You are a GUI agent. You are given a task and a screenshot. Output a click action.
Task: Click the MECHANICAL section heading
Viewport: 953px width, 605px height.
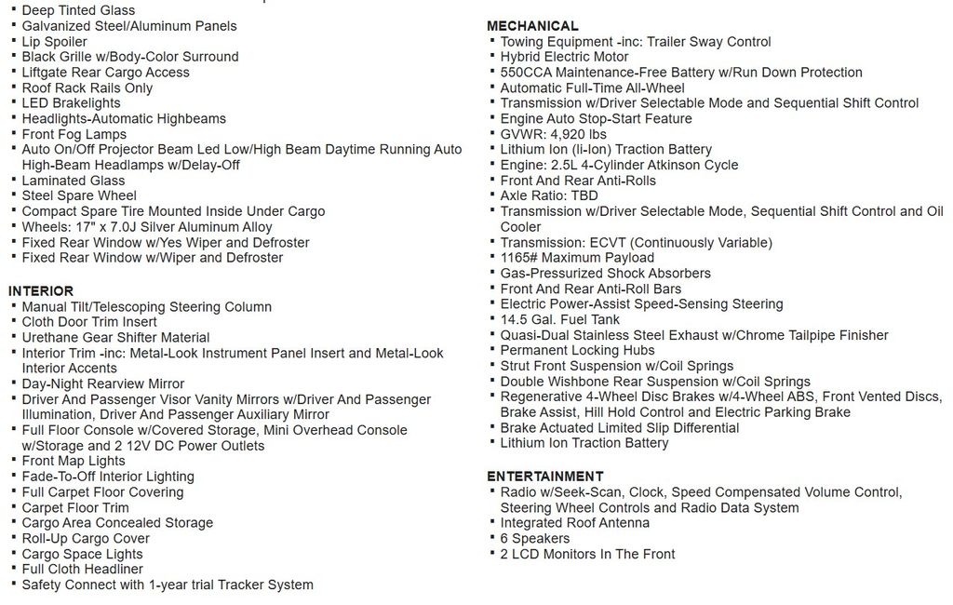532,26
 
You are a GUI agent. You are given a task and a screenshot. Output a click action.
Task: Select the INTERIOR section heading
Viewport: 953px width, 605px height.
41,291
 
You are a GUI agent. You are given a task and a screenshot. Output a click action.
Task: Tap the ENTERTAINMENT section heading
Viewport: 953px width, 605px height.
544,477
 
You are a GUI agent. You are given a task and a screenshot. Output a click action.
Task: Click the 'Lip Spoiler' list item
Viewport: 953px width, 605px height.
54,42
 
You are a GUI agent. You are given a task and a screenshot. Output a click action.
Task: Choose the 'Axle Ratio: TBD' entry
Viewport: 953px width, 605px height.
549,195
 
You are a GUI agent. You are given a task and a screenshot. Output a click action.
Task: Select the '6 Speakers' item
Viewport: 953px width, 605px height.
534,539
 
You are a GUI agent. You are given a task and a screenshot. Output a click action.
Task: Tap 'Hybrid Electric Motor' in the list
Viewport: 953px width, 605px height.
564,57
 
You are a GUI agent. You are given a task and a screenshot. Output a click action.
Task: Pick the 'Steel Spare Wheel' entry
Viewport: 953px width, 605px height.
79,195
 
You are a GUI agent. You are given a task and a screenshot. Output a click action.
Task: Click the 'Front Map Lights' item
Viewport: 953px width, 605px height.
74,461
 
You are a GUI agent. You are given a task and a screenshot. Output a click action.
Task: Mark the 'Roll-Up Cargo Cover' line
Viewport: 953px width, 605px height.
86,538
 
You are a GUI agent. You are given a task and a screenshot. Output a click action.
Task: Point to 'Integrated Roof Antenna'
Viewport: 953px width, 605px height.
574,523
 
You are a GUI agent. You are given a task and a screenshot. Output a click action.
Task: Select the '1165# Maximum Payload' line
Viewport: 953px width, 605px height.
577,258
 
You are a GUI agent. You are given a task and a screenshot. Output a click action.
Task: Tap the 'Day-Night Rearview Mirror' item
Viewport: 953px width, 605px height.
103,383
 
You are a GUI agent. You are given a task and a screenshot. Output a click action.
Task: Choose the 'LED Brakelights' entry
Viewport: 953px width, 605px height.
71,103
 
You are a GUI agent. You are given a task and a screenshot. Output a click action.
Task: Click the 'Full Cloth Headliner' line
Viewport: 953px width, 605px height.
83,569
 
